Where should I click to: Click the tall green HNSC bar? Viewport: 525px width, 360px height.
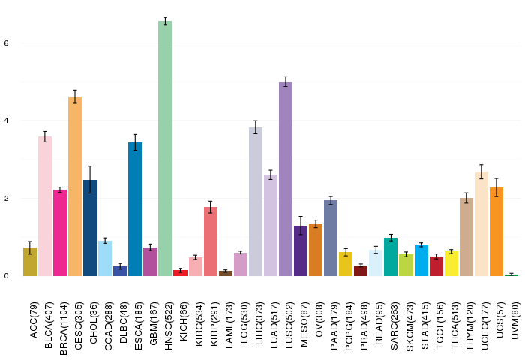click(x=165, y=148)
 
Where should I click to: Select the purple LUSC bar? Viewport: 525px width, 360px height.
click(x=286, y=178)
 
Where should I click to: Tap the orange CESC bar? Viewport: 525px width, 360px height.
click(x=75, y=186)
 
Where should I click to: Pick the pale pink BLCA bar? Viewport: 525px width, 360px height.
click(x=45, y=206)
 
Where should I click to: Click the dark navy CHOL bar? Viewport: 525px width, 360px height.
click(x=90, y=228)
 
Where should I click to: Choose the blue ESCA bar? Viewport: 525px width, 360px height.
click(x=135, y=209)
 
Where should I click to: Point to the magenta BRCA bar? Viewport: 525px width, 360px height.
click(x=60, y=232)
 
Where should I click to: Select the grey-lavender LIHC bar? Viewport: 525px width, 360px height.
click(x=256, y=202)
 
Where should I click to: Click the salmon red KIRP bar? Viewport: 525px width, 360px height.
click(x=211, y=241)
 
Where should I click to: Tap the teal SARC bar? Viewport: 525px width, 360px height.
click(x=391, y=256)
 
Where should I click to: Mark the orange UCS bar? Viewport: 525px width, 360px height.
click(x=496, y=232)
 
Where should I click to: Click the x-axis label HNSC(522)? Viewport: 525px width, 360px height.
click(x=169, y=325)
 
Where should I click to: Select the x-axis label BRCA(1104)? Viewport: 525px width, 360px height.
click(x=64, y=328)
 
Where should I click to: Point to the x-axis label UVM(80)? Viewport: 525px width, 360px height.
click(x=515, y=320)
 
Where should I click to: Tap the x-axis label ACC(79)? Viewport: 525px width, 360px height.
click(x=34, y=320)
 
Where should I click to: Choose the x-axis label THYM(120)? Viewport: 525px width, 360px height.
click(x=470, y=326)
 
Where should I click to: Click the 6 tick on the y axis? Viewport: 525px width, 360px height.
click(x=6, y=43)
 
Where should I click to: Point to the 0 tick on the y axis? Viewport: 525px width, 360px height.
click(x=6, y=276)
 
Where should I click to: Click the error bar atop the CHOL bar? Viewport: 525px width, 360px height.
click(x=90, y=180)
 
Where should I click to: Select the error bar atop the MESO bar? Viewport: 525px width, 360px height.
click(x=301, y=226)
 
